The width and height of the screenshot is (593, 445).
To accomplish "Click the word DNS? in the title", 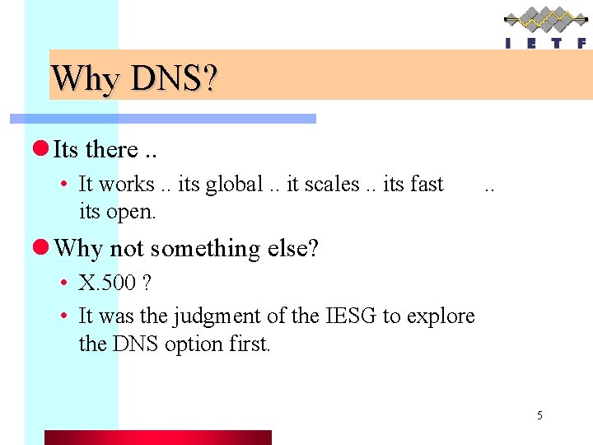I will (174, 79).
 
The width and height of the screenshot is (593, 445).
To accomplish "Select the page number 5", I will (539, 415).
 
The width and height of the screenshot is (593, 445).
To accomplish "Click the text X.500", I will (107, 283).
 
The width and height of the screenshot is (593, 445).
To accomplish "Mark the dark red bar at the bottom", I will (157, 437).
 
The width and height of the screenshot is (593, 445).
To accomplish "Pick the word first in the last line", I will (248, 344).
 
